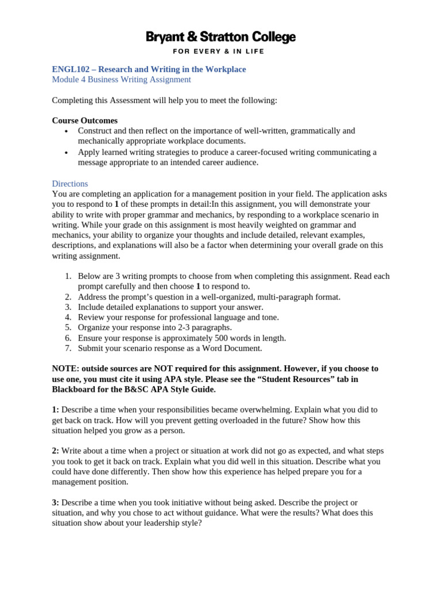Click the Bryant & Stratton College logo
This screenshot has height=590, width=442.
point(220,38)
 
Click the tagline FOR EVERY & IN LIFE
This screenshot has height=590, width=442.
point(220,51)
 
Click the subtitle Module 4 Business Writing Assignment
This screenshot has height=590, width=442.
point(121,80)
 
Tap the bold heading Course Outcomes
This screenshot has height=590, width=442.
point(85,120)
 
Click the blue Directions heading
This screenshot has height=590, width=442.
point(70,183)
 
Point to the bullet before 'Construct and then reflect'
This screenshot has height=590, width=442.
point(67,131)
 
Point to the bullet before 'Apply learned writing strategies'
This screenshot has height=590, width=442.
point(67,153)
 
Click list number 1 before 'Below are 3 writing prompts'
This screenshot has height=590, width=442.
point(68,276)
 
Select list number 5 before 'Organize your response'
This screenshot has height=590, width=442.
point(68,327)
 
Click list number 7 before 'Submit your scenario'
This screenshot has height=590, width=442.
point(68,348)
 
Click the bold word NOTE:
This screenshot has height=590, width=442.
point(66,368)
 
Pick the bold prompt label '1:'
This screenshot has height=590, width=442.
point(55,410)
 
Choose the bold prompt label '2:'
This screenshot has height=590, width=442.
point(55,451)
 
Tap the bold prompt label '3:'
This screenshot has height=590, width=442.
point(55,502)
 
